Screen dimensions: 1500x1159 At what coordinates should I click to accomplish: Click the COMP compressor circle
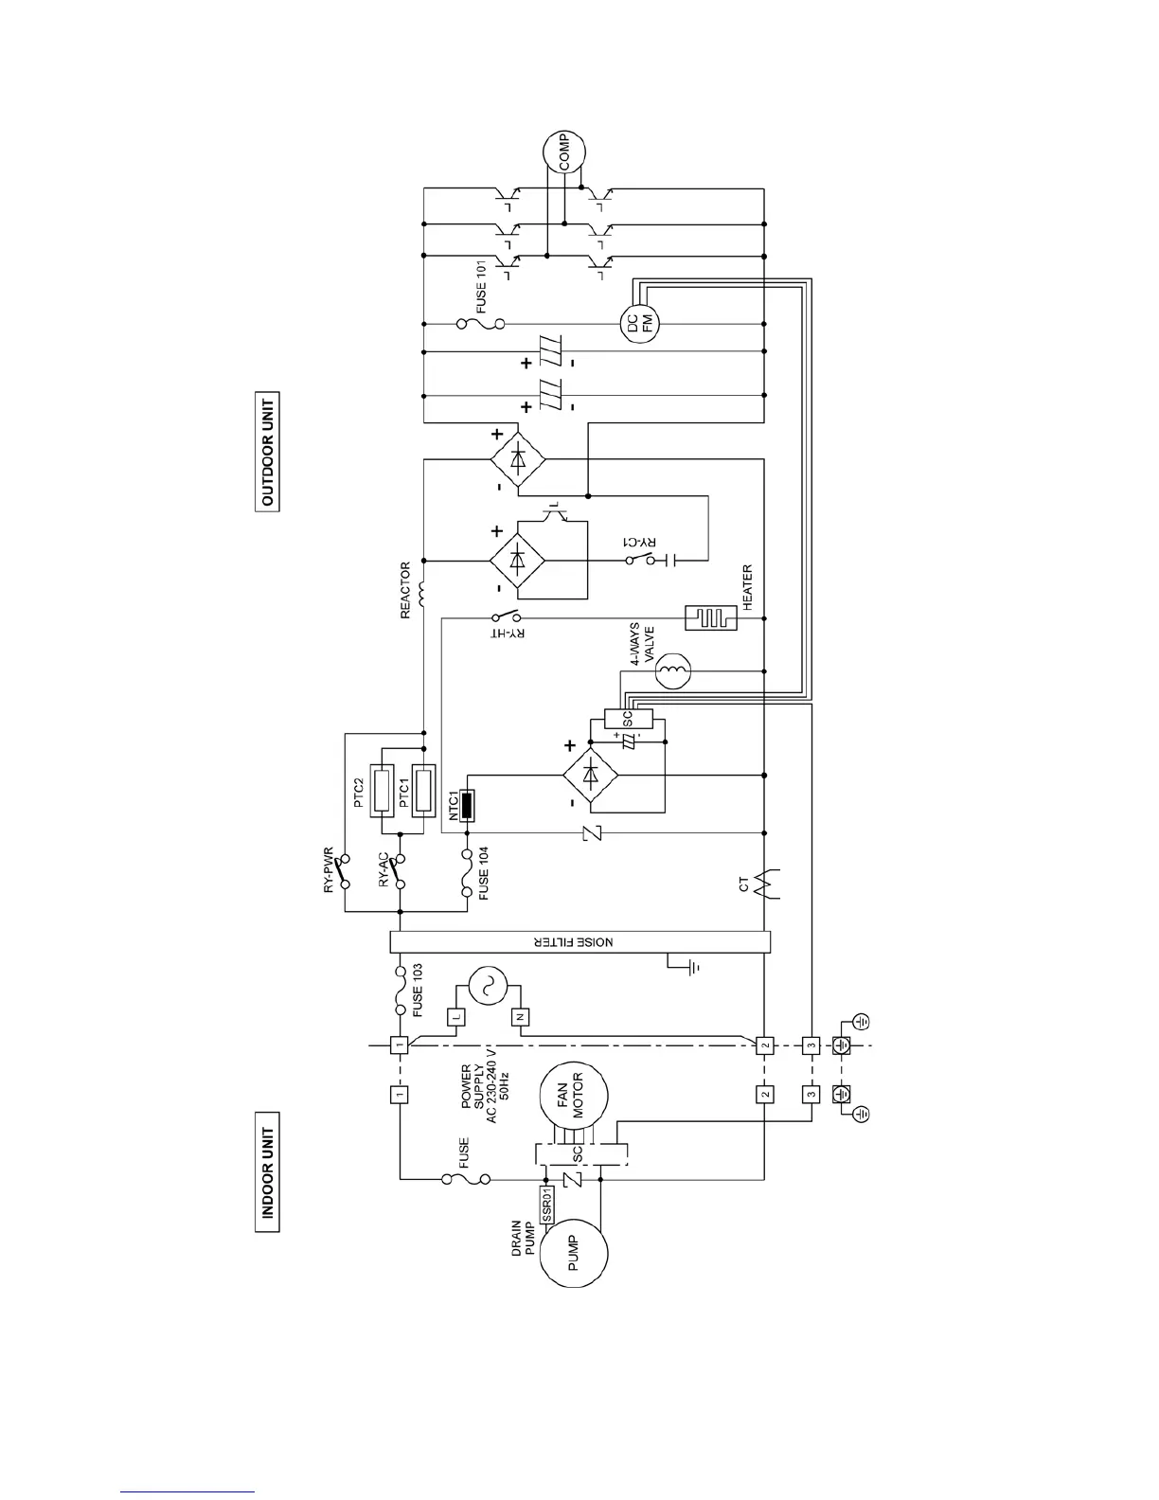(564, 152)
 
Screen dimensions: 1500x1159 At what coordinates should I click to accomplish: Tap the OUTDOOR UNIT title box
(268, 452)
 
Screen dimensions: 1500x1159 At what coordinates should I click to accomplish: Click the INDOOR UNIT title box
(268, 1171)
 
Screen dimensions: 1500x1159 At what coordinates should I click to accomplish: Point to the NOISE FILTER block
(579, 942)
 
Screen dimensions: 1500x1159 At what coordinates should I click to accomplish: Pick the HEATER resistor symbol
(711, 618)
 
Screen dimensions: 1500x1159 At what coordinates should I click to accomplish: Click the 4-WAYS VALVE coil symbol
(674, 671)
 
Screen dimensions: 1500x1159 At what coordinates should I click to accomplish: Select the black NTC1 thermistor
(466, 806)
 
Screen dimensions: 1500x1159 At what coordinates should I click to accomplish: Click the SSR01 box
(547, 1203)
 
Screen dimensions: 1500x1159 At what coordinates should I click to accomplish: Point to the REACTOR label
(406, 591)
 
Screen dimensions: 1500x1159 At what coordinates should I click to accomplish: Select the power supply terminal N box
(520, 1016)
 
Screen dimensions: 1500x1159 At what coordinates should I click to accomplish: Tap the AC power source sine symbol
(489, 988)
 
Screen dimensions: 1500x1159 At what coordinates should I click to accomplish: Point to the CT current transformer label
(744, 885)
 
